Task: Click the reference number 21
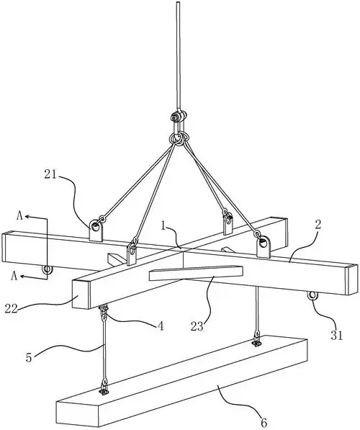click(x=50, y=174)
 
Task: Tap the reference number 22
click(x=12, y=309)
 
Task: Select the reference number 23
click(x=197, y=326)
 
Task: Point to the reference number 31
click(x=337, y=336)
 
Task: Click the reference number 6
click(x=264, y=423)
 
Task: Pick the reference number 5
click(x=29, y=357)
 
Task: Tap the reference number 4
click(x=161, y=326)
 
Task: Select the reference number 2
click(x=318, y=225)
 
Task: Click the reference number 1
click(x=163, y=226)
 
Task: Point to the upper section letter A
click(x=19, y=216)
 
